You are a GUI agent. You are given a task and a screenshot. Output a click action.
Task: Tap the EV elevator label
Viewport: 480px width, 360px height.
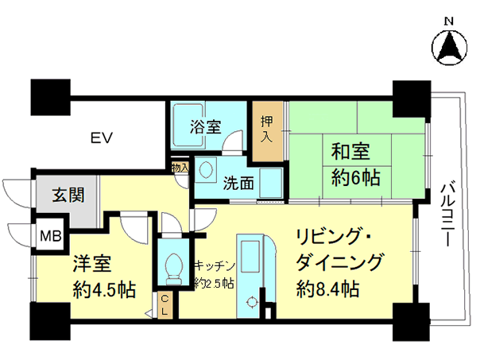coord(102,137)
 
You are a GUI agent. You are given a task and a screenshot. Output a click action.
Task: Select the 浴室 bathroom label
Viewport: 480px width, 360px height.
coord(206,127)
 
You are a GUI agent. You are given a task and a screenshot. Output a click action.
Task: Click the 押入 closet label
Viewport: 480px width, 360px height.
coord(266,130)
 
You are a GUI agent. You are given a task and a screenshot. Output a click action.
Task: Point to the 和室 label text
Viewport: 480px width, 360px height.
coord(350,151)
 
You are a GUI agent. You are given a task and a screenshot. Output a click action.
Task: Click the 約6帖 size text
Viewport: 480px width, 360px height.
coord(356,177)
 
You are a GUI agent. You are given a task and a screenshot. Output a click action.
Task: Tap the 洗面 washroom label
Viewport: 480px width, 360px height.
coord(238,184)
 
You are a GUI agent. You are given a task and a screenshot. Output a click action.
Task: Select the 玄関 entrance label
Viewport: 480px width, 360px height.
coord(68,195)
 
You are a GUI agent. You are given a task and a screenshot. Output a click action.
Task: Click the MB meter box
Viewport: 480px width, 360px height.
coord(51,236)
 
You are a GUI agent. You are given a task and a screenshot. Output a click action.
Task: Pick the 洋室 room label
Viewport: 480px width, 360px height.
coord(92,264)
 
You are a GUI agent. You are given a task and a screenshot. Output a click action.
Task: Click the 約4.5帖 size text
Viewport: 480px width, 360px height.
coord(104,289)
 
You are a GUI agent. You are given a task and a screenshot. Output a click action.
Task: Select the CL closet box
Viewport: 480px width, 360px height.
coord(165,305)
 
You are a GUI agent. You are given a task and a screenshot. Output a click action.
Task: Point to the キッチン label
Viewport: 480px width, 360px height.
coord(215,266)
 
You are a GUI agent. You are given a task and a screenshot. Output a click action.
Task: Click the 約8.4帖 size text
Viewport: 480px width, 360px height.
coord(328,289)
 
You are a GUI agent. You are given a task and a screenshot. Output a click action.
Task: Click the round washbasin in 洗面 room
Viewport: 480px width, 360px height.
coord(205,169)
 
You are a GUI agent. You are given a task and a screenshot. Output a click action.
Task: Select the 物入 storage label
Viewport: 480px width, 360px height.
coord(180,168)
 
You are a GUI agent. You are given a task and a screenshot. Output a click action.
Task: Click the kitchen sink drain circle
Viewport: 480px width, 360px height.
coord(252,302)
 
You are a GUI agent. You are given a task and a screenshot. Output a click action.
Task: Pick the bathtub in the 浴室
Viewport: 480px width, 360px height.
coord(188,126)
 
